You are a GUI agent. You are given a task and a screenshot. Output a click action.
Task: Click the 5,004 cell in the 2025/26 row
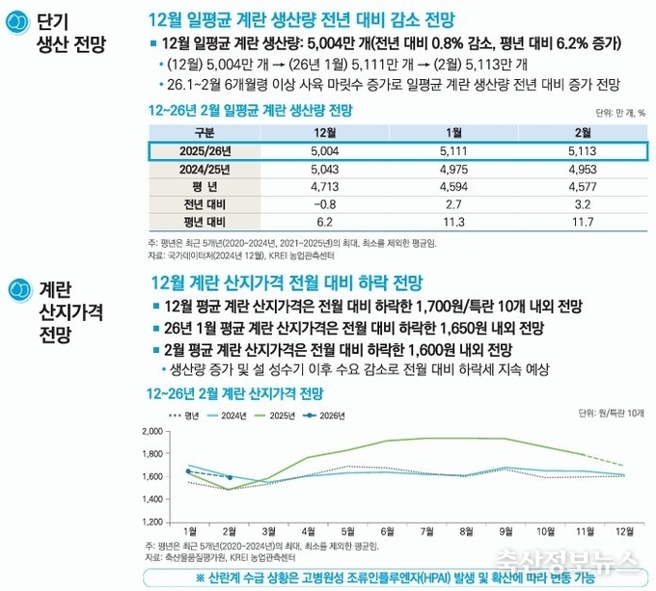tap(325, 151)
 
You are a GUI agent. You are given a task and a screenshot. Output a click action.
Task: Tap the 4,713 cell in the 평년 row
tap(325, 186)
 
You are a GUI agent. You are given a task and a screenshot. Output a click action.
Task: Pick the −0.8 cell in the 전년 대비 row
tap(325, 203)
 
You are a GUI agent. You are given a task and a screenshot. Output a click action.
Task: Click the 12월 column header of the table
tap(325, 132)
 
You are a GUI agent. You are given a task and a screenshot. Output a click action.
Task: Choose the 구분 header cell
tap(204, 132)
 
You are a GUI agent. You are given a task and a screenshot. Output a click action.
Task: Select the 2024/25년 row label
tap(204, 169)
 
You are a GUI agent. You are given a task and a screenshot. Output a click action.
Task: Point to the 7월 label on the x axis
tap(425, 531)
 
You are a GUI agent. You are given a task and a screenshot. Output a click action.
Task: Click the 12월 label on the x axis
tap(626, 531)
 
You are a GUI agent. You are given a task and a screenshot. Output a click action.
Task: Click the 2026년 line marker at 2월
tap(229, 477)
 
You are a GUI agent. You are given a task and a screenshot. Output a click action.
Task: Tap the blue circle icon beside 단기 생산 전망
tap(16, 24)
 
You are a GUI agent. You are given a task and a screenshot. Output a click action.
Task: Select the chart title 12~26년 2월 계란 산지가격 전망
tap(234, 393)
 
